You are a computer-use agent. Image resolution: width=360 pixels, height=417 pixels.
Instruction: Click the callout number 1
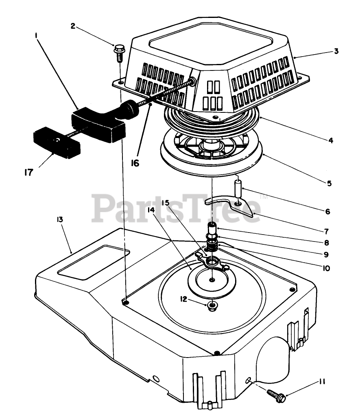pyautogui.click(x=37, y=35)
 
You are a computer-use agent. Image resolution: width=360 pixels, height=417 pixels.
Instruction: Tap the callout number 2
pyautogui.click(x=73, y=26)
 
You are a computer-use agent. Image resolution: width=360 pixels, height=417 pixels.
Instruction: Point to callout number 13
pyautogui.click(x=60, y=219)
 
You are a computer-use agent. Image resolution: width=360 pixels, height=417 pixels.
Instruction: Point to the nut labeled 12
pyautogui.click(x=212, y=306)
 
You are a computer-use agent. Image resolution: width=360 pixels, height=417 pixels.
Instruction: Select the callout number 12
pyautogui.click(x=183, y=299)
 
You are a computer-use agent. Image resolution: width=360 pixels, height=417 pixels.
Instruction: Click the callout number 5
pyautogui.click(x=328, y=183)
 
